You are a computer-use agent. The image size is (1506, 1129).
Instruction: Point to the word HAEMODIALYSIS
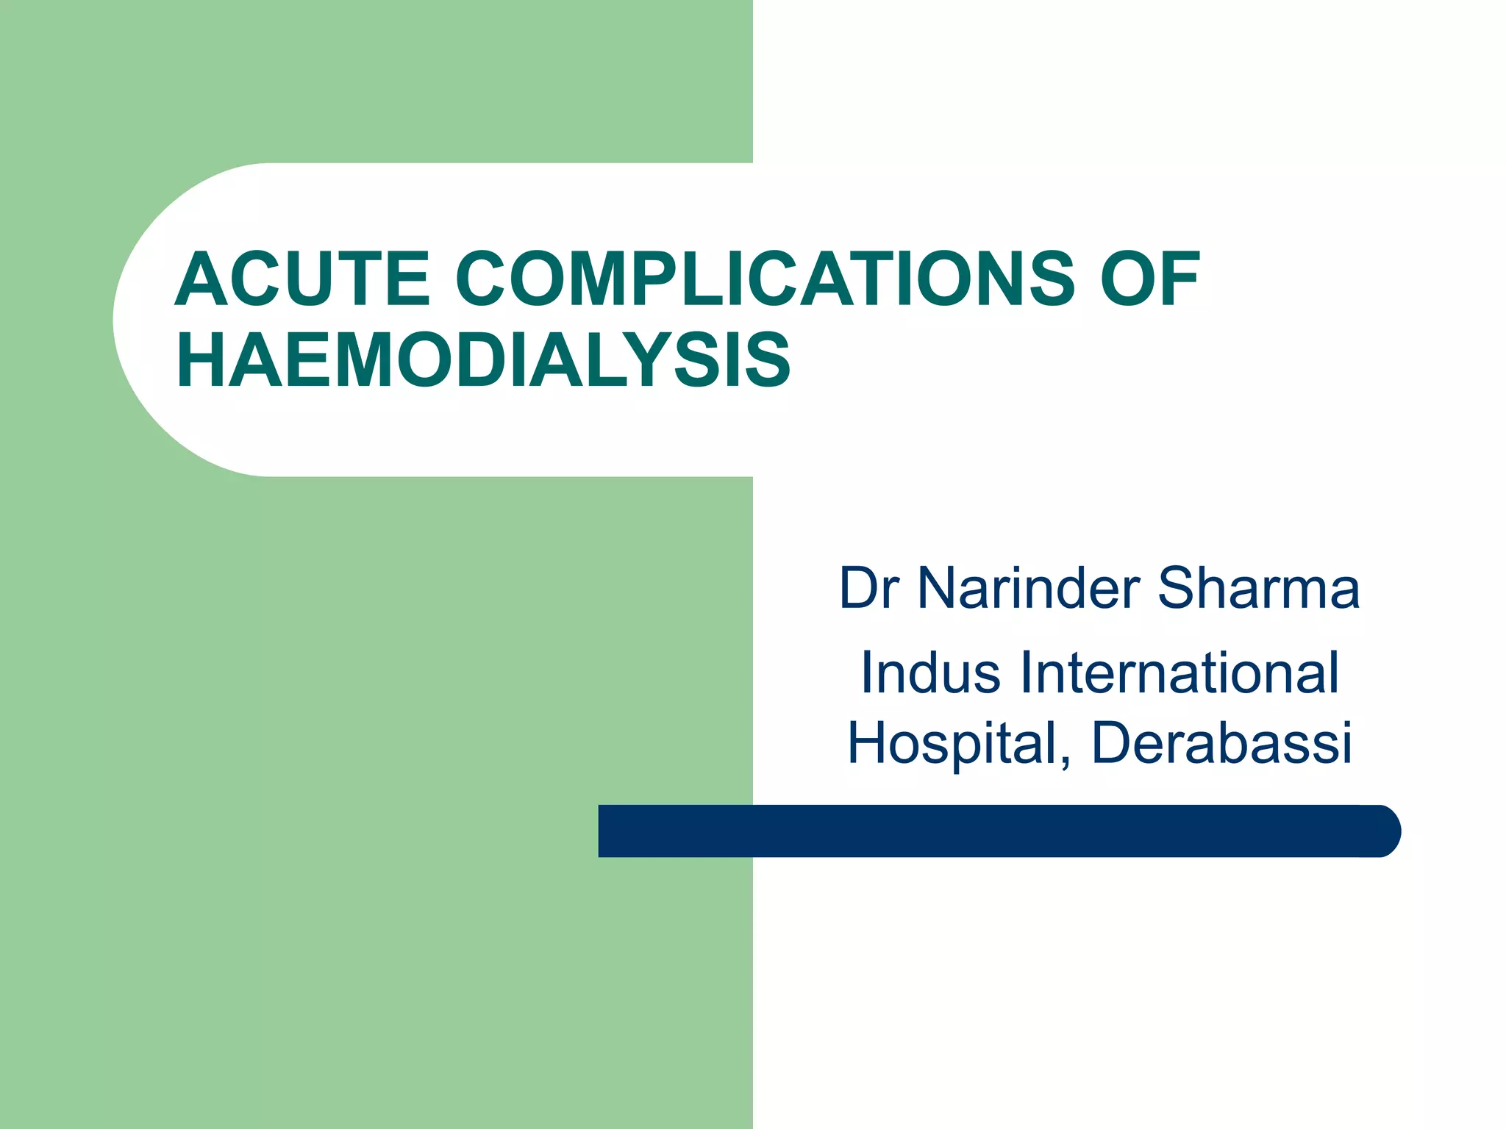pyautogui.click(x=483, y=360)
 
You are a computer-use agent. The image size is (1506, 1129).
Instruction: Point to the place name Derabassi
pyautogui.click(x=1221, y=743)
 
